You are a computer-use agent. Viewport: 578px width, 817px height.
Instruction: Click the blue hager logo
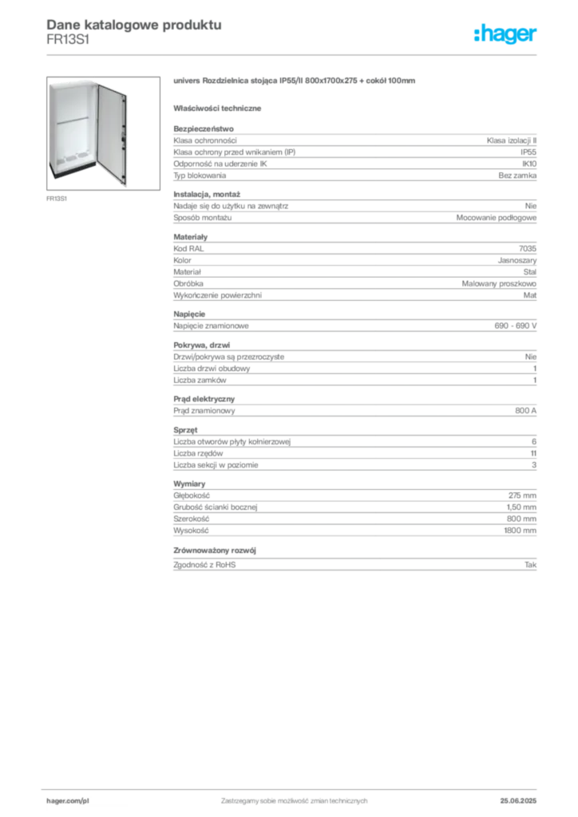click(x=506, y=34)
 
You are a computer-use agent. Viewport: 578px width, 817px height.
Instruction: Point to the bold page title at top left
click(x=132, y=24)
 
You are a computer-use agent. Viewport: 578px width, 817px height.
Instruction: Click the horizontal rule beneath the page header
click(x=294, y=53)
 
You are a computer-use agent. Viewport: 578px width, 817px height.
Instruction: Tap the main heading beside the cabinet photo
click(x=296, y=82)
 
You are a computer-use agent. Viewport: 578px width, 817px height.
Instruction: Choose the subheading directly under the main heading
click(x=220, y=108)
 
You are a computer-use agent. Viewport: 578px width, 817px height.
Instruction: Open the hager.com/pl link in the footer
click(x=67, y=799)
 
